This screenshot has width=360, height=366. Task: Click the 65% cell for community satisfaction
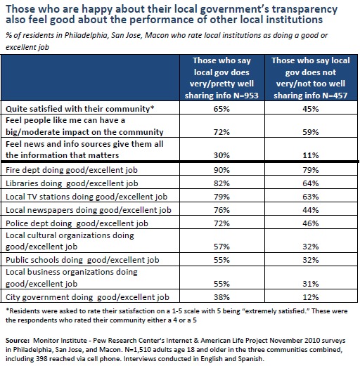(x=221, y=109)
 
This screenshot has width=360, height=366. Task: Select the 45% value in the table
(x=311, y=109)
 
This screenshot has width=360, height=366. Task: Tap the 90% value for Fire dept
(x=221, y=170)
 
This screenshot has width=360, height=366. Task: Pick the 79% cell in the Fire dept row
(x=311, y=170)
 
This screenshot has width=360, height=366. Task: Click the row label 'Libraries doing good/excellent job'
(x=72, y=183)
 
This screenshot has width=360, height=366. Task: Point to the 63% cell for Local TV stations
(x=311, y=197)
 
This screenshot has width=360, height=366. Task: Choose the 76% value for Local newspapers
(x=221, y=210)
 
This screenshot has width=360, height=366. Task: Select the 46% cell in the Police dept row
(x=311, y=223)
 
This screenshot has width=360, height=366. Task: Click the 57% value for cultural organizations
(x=221, y=247)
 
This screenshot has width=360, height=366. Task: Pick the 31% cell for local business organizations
(x=311, y=284)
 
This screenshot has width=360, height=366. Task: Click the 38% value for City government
(x=221, y=297)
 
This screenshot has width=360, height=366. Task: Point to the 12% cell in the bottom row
(x=311, y=297)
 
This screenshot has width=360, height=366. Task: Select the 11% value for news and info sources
(x=311, y=155)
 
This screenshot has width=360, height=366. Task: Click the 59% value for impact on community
(x=311, y=132)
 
